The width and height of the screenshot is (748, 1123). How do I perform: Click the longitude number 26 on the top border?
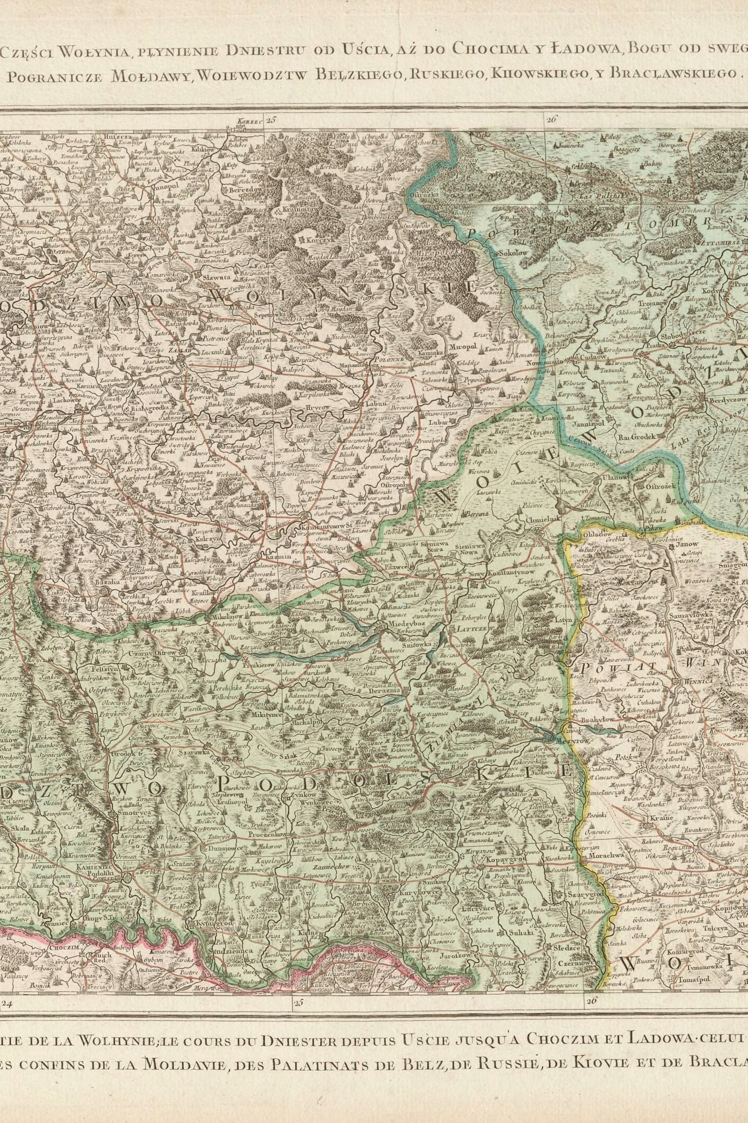pyautogui.click(x=552, y=120)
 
